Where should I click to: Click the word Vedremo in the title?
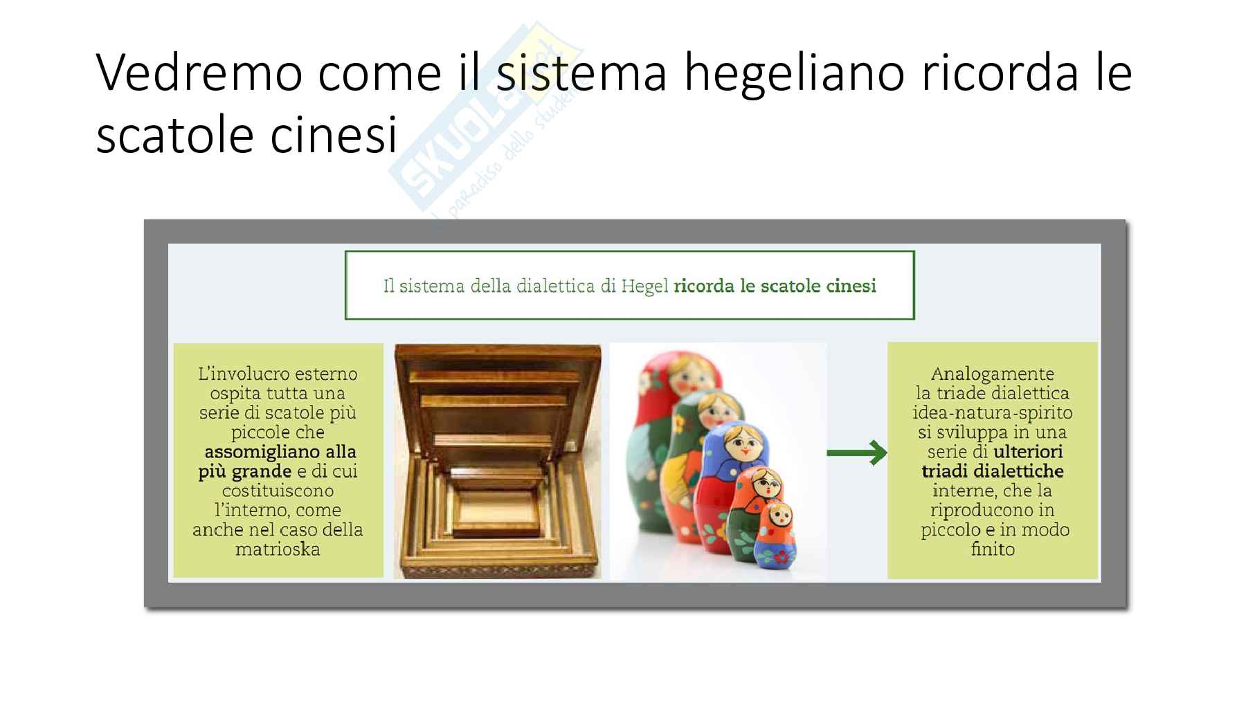[x=199, y=72]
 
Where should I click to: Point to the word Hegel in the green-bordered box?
[x=644, y=286]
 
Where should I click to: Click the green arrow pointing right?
[x=857, y=453]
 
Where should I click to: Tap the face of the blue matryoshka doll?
[x=739, y=443]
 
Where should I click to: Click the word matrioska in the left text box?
[x=278, y=549]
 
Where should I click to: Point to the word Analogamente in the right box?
[x=993, y=374]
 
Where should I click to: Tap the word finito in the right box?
[x=993, y=549]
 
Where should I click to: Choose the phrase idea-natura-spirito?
[x=993, y=413]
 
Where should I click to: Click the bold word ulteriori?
[x=1028, y=452]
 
